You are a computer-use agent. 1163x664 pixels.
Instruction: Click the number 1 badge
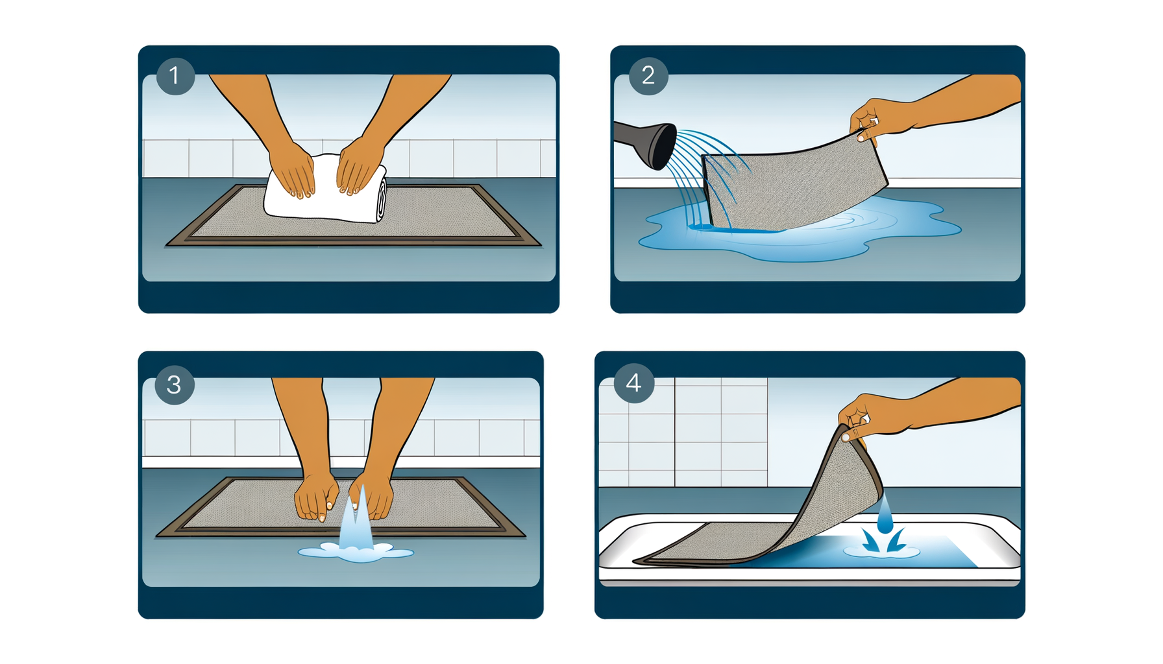pyautogui.click(x=175, y=76)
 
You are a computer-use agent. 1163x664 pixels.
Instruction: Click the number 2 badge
pyautogui.click(x=648, y=76)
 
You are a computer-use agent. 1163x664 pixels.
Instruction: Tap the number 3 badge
pyautogui.click(x=174, y=385)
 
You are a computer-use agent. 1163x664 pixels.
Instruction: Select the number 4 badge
pyautogui.click(x=633, y=383)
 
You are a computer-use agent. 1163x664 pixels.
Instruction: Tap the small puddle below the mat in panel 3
pyautogui.click(x=356, y=553)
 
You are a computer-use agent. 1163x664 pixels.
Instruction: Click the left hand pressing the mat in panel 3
pyautogui.click(x=315, y=496)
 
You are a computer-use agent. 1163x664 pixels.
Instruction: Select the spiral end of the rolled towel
pyautogui.click(x=382, y=198)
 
